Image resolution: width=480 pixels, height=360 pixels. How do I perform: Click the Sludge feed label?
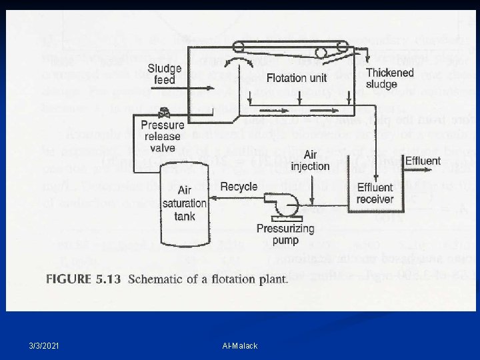161,74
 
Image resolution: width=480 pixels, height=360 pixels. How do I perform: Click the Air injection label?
311,161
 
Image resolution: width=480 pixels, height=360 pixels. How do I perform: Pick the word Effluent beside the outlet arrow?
423,161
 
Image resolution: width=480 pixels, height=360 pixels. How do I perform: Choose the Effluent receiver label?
375,193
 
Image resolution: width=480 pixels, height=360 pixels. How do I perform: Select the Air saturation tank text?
185,203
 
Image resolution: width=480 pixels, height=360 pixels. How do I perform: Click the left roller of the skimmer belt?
239,46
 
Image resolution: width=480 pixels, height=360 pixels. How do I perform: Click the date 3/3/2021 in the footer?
43,345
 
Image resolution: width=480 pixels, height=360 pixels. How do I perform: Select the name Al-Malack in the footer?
240,345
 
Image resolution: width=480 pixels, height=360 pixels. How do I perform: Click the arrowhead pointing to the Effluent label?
401,161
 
